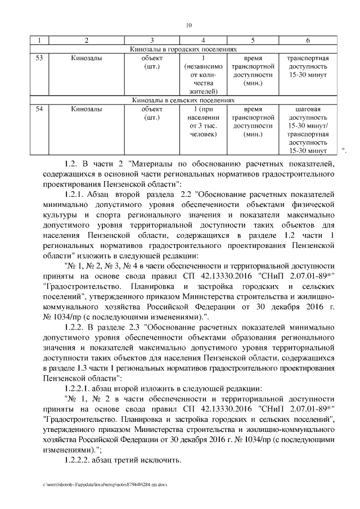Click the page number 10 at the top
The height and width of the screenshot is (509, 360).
click(x=189, y=24)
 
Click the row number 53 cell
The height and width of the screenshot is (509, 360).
click(x=39, y=58)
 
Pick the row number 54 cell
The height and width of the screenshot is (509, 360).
click(x=39, y=109)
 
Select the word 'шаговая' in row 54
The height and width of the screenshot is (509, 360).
click(x=308, y=109)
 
